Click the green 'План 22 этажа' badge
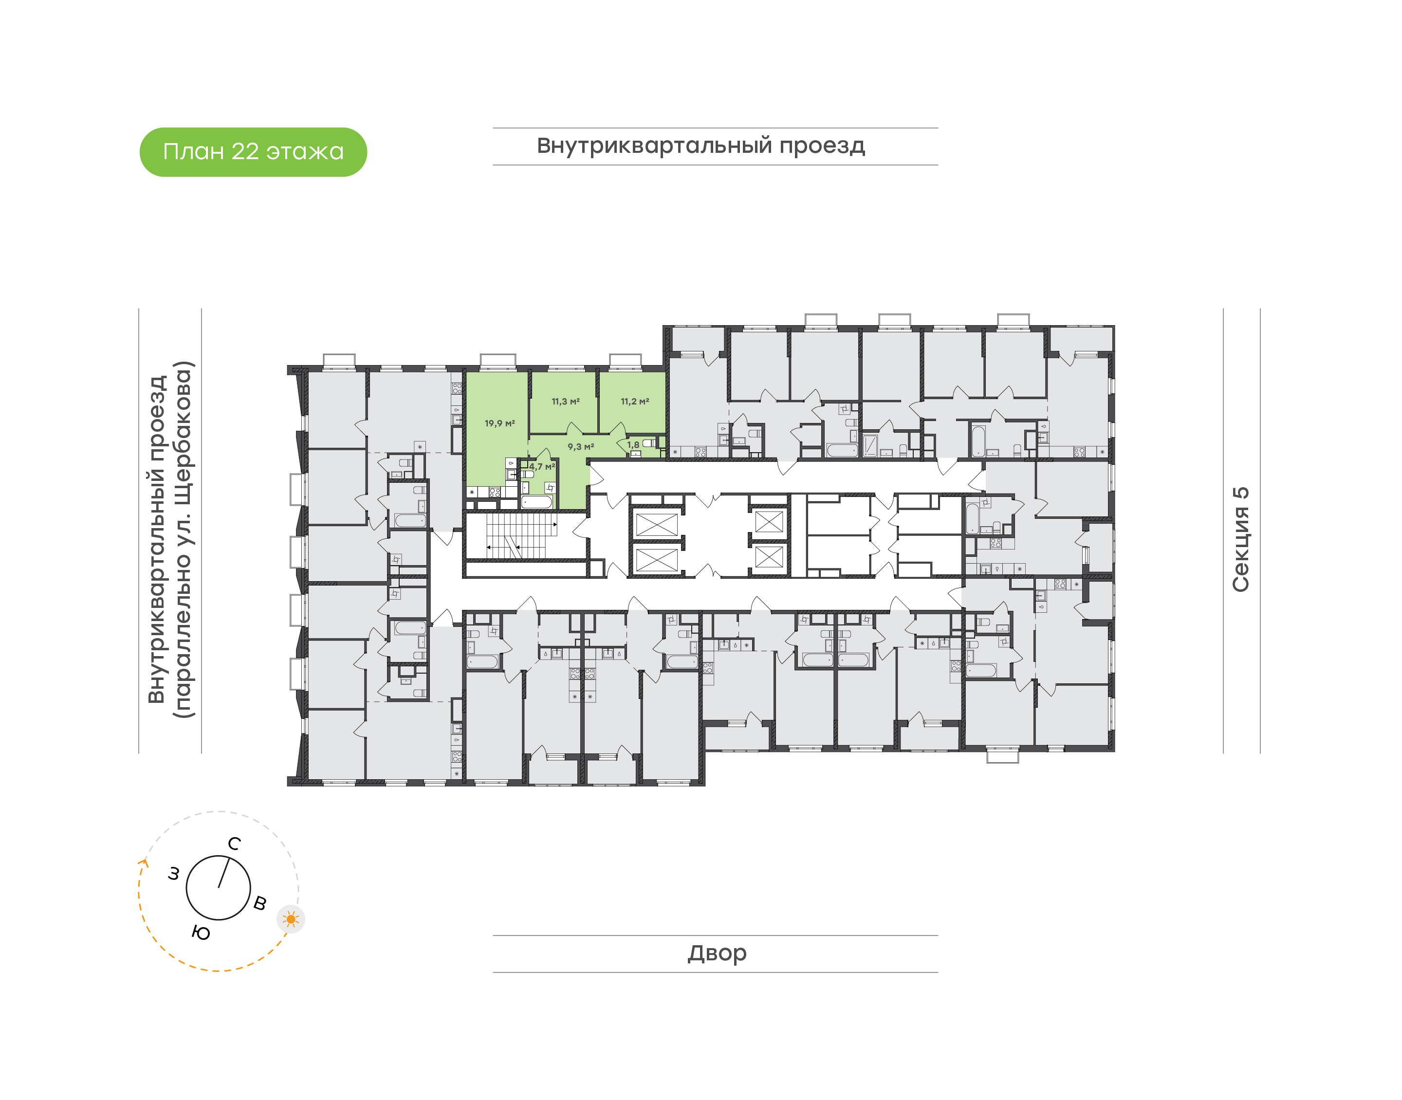tap(253, 152)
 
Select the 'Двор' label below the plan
tap(717, 953)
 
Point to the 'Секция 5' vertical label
tap(1240, 540)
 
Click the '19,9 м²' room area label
tap(500, 423)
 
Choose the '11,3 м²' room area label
tap(566, 401)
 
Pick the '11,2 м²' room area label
tap(634, 401)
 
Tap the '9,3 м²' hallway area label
tap(580, 446)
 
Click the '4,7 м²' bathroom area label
tap(542, 466)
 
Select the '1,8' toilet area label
tap(633, 444)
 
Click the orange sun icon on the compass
tap(291, 919)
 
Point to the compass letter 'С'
tap(235, 843)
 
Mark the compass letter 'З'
tap(173, 874)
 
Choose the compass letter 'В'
tap(260, 903)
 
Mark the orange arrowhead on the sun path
tap(144, 863)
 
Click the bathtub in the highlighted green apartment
tap(536, 502)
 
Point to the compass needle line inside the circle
tap(223, 873)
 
